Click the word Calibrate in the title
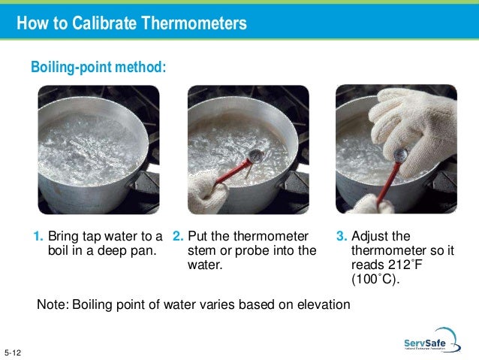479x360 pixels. [104, 23]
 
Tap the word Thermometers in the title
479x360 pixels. [194, 23]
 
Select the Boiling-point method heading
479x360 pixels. [98, 67]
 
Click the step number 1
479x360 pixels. [38, 236]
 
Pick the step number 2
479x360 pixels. [178, 236]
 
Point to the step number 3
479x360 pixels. [342, 236]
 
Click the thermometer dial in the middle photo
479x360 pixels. [256, 156]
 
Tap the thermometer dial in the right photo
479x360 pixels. [400, 155]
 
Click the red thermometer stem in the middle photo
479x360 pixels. [232, 173]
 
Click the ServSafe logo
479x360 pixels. [432, 340]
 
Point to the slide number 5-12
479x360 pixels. [13, 352]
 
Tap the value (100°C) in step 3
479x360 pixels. [375, 280]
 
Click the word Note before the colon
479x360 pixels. [51, 304]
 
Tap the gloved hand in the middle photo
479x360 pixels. [206, 192]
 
